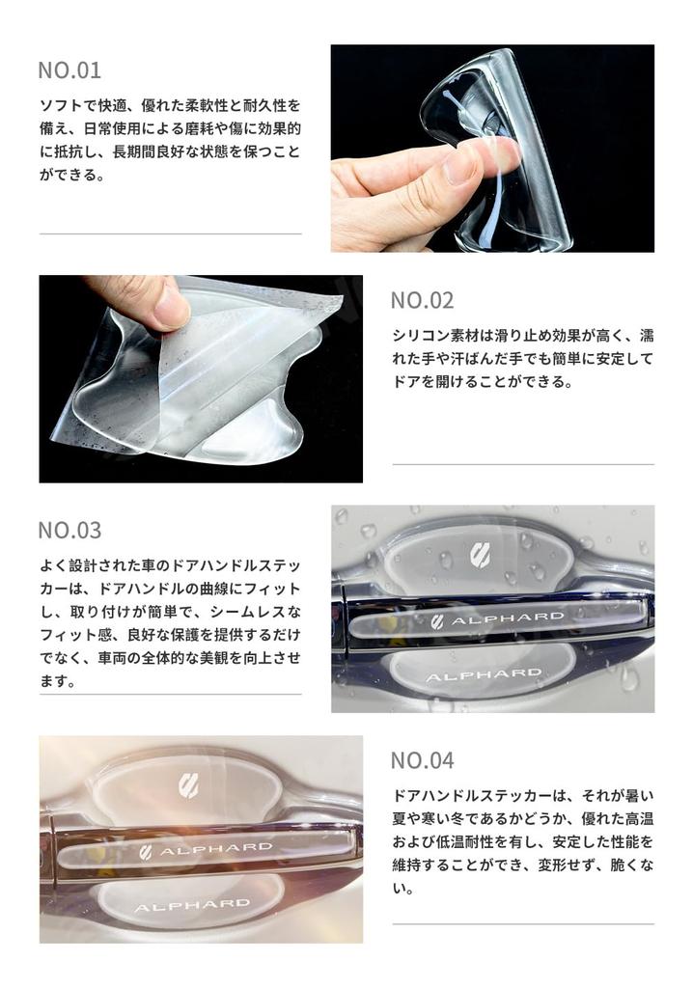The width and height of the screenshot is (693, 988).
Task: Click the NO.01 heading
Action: click(69, 70)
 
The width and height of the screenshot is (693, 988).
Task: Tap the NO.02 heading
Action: click(422, 300)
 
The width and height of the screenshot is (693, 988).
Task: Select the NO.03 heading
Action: click(69, 530)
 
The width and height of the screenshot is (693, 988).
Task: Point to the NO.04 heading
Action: click(422, 759)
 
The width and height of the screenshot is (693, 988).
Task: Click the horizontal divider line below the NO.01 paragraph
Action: click(170, 233)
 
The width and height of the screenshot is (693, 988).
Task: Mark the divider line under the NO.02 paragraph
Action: click(522, 464)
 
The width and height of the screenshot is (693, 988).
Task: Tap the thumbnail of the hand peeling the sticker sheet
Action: click(201, 378)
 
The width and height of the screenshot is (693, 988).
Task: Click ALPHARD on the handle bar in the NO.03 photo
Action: click(507, 618)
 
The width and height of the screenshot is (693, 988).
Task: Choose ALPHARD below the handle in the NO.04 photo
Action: click(191, 906)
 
